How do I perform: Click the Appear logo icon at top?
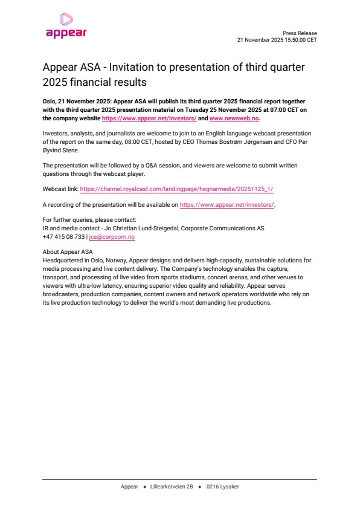[66, 19]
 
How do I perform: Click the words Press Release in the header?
[300, 33]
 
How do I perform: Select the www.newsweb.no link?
[234, 118]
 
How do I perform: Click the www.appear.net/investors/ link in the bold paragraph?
[149, 118]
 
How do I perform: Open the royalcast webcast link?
[176, 189]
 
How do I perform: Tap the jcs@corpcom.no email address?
[112, 237]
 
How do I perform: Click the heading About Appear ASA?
[68, 251]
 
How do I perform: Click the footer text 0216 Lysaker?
[222, 487]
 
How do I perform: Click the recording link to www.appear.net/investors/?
[227, 206]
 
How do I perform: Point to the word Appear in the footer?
[129, 487]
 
